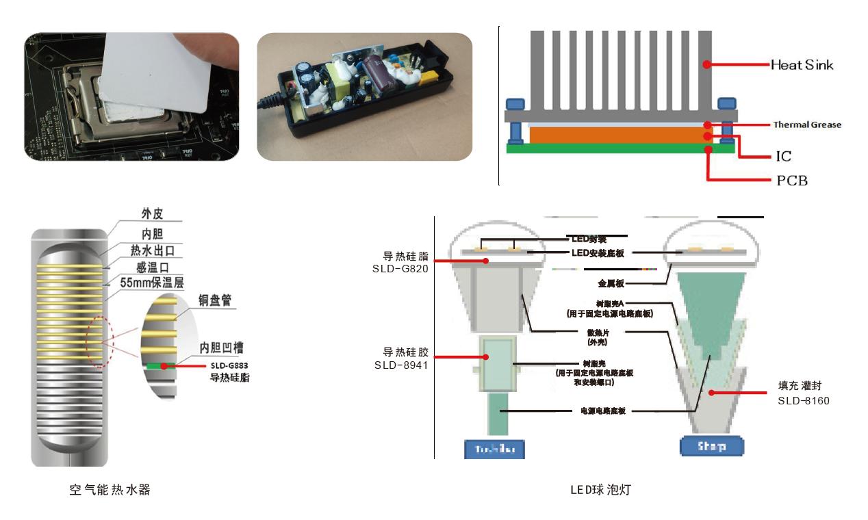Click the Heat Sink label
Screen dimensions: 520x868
(802, 65)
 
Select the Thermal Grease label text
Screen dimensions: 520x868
(806, 125)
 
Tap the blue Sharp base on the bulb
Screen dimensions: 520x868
(711, 447)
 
